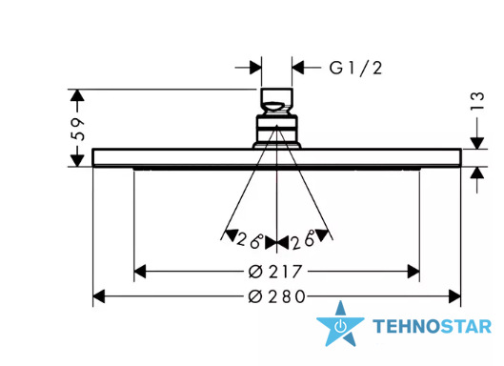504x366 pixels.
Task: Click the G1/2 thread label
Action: [355, 69]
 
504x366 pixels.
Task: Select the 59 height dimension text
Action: [78, 129]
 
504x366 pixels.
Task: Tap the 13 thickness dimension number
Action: [477, 101]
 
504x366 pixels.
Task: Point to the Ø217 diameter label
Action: [275, 272]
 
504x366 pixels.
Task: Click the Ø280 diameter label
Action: [276, 296]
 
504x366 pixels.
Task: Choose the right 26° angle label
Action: [303, 240]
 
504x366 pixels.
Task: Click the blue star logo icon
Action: [340, 324]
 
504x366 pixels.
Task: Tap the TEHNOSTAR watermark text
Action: [432, 326]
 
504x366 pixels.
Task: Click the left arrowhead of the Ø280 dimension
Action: [99, 296]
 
